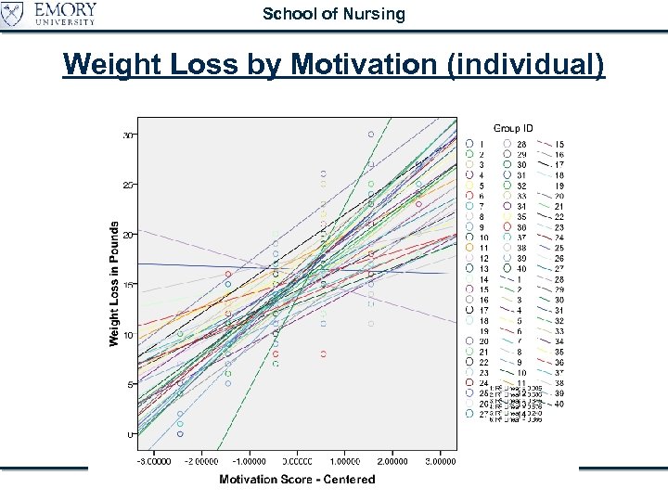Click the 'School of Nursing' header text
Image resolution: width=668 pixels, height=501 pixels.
click(334, 14)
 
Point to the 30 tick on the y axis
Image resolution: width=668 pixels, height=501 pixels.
click(127, 135)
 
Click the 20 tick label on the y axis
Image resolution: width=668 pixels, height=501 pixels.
click(127, 235)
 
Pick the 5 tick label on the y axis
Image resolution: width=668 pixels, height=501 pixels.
click(129, 384)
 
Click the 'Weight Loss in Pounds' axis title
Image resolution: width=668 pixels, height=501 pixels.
click(114, 284)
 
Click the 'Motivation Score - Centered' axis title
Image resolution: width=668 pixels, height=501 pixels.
click(297, 479)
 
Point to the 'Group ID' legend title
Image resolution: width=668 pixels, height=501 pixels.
click(513, 127)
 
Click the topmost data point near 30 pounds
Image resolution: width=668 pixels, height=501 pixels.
click(370, 135)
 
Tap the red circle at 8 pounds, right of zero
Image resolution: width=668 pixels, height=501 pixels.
click(323, 353)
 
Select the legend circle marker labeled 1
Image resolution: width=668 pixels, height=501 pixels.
click(470, 145)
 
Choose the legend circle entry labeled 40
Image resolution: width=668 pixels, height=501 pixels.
click(507, 269)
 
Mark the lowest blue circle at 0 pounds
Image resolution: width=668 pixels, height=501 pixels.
click(180, 433)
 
